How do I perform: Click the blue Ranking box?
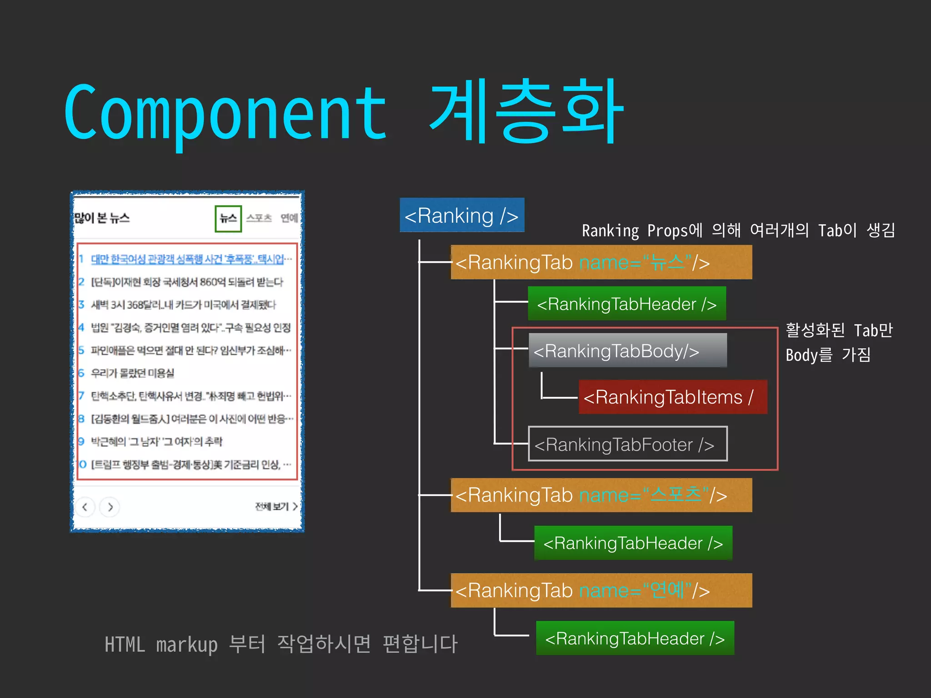[x=462, y=215]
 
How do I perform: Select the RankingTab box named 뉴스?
[x=601, y=262]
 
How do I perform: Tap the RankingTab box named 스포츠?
[x=601, y=495]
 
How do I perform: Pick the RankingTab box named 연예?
[x=601, y=590]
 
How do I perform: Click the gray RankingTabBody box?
[x=627, y=350]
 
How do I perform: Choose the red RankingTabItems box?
[x=673, y=397]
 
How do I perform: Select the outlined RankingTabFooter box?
[x=627, y=444]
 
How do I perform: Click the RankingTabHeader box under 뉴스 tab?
[x=626, y=304]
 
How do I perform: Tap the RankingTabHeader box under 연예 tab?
[x=635, y=638]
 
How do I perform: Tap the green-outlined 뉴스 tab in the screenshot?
[x=228, y=219]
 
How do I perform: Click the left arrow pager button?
[x=85, y=507]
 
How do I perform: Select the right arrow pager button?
[x=110, y=507]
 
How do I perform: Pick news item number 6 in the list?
[x=132, y=373]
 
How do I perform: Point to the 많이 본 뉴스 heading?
[x=102, y=218]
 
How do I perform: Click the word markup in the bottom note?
[x=186, y=644]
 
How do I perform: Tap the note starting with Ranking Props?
[x=738, y=230]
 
